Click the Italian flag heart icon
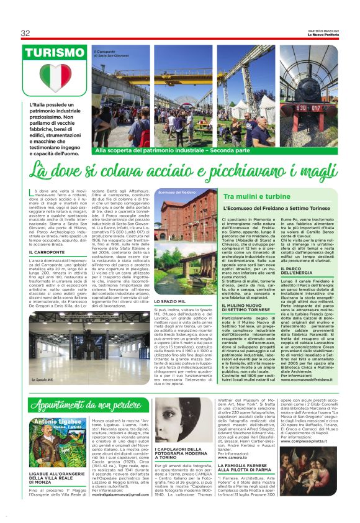point(55,78)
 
